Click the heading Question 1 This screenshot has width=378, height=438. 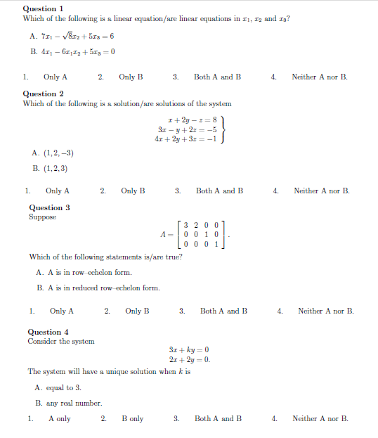(x=44, y=8)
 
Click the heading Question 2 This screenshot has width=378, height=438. (x=44, y=94)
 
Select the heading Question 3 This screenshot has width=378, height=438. (x=49, y=207)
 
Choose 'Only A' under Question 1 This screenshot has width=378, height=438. (x=56, y=77)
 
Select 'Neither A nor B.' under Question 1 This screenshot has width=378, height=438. (x=319, y=77)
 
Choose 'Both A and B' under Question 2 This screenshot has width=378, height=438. (x=219, y=191)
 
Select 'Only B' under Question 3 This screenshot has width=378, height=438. (x=137, y=311)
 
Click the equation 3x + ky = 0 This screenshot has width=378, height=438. (x=189, y=349)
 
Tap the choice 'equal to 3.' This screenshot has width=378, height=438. (x=63, y=387)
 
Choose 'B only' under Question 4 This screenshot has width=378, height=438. (x=132, y=418)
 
